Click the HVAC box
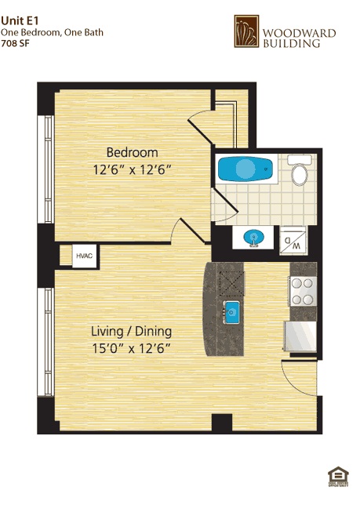click(x=82, y=256)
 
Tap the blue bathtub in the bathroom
click(x=245, y=169)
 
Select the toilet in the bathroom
click(x=300, y=172)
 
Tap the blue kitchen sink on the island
click(x=231, y=313)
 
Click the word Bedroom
click(x=132, y=152)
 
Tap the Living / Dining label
click(x=131, y=331)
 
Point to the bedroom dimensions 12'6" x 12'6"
click(x=132, y=168)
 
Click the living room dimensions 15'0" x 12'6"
click(x=131, y=347)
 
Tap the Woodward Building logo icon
click(x=247, y=32)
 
